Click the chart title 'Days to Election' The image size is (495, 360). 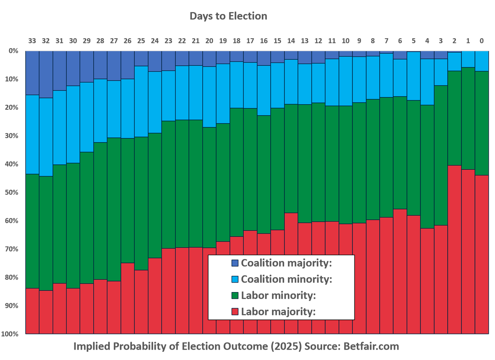coord(228,16)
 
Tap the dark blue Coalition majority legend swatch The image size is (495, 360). coord(235,263)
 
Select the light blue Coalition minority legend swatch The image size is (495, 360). coord(235,279)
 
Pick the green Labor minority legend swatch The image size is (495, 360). coord(235,296)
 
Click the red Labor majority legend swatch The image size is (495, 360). coord(235,312)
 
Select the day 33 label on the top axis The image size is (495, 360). coord(32,41)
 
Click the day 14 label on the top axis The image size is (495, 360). coord(291,41)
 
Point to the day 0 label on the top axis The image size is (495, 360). coord(481,41)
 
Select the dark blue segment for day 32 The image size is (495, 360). coord(46,74)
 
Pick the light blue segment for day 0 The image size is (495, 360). coord(481,61)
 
